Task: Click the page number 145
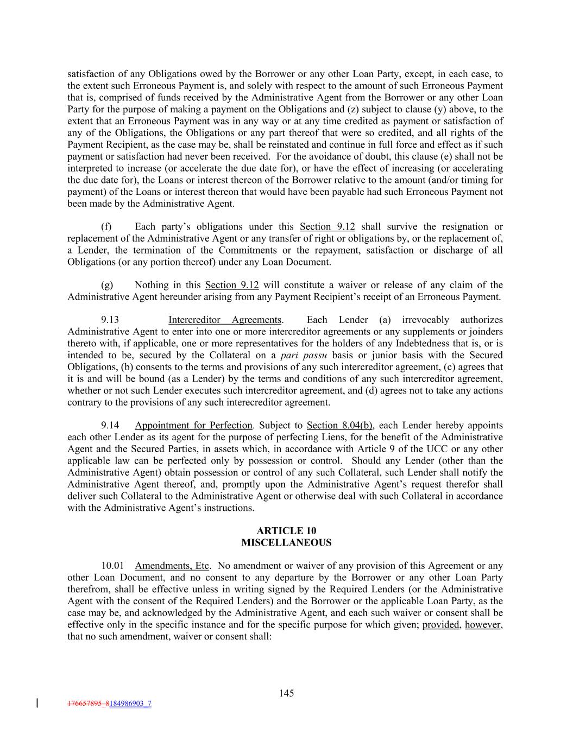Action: [x=286, y=693]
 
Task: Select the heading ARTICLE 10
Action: [x=286, y=531]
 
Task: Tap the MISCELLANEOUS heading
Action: [x=286, y=542]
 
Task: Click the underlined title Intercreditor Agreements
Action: [x=225, y=320]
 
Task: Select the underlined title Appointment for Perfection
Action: [x=193, y=425]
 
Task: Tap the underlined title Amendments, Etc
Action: [x=172, y=566]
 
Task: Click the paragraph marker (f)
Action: [x=106, y=226]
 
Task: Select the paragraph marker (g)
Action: [x=107, y=285]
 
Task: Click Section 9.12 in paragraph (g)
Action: [x=232, y=285]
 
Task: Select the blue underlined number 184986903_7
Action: [x=130, y=704]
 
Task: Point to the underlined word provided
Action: [x=440, y=625]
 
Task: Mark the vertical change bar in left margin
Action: [x=37, y=704]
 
